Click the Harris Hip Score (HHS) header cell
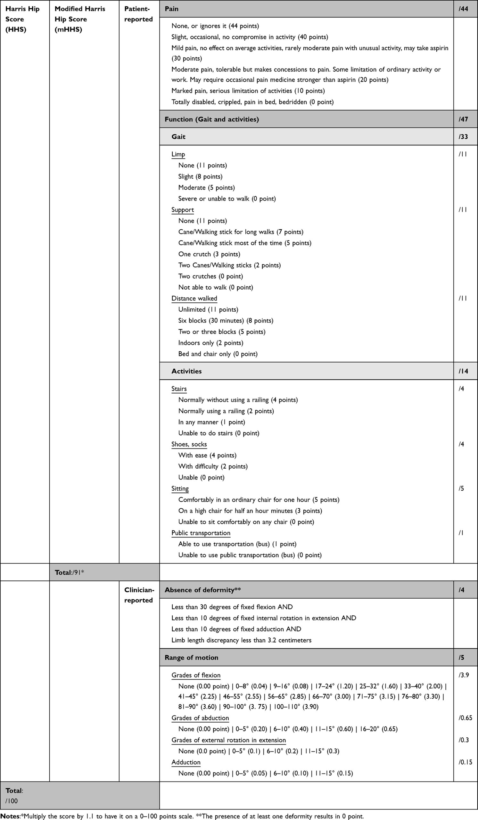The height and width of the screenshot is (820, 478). [22, 19]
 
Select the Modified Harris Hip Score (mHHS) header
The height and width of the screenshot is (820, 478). [80, 19]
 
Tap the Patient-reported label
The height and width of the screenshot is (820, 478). [138, 14]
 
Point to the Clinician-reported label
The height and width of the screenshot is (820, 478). [139, 595]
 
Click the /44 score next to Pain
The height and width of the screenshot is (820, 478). [463, 9]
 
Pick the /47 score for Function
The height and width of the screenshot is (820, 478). [463, 119]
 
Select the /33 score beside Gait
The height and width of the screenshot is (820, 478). [463, 137]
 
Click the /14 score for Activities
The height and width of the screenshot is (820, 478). [463, 371]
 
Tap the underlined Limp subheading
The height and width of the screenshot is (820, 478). [178, 154]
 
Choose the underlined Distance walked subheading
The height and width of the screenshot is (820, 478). [194, 299]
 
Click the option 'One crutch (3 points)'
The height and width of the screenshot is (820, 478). [209, 254]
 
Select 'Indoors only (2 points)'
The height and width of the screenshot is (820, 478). [210, 343]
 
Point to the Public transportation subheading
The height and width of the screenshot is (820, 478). [201, 533]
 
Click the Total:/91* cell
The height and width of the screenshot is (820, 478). [70, 572]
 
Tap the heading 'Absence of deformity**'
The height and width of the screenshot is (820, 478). [203, 590]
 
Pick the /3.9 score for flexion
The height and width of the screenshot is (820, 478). [464, 675]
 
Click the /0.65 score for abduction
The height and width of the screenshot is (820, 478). [465, 718]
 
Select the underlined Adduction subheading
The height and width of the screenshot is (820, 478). [186, 762]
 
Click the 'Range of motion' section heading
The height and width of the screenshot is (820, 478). [191, 657]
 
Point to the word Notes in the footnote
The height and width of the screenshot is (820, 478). [10, 816]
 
